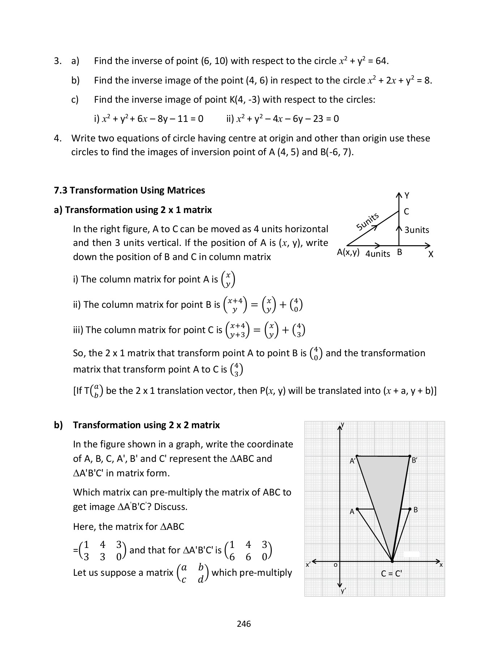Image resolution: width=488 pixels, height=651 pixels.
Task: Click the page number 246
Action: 244,624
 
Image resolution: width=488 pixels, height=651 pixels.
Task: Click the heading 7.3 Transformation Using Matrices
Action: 129,190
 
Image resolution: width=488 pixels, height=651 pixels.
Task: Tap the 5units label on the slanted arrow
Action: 367,221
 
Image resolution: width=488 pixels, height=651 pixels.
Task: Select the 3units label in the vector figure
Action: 417,230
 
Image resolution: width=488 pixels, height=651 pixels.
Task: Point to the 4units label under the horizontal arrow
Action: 378,254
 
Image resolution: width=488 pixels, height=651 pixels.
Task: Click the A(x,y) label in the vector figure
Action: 348,252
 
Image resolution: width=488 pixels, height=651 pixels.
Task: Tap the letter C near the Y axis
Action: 406,212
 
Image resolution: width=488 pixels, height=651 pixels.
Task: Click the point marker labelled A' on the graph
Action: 357,456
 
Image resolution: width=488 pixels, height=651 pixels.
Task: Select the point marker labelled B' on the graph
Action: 410,456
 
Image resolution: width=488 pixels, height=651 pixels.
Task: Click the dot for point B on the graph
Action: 410,509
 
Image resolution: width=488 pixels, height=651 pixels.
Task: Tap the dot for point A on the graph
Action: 357,509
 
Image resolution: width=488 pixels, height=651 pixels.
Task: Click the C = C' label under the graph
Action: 391,574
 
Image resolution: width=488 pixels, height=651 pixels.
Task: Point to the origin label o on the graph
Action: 335,565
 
